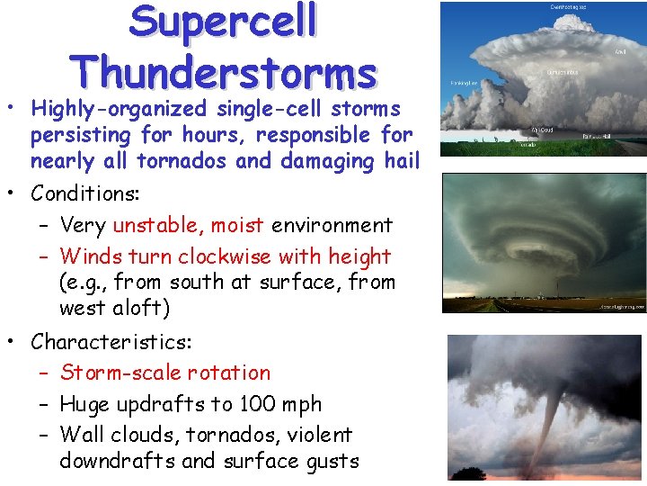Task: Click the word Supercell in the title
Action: click(223, 22)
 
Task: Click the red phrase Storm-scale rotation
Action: click(164, 373)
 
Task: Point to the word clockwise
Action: click(223, 256)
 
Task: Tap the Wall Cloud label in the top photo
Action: click(542, 130)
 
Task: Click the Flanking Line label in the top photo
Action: click(464, 80)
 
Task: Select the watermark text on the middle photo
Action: click(622, 306)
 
